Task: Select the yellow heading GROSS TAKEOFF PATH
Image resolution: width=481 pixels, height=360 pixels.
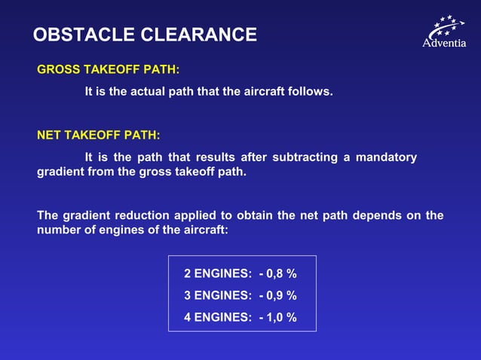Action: [x=109, y=70]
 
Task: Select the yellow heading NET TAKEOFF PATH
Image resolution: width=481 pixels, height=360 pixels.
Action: [x=99, y=136]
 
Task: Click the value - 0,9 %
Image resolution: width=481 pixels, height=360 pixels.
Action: [x=278, y=295]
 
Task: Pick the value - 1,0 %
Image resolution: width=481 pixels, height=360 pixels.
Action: [x=278, y=317]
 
